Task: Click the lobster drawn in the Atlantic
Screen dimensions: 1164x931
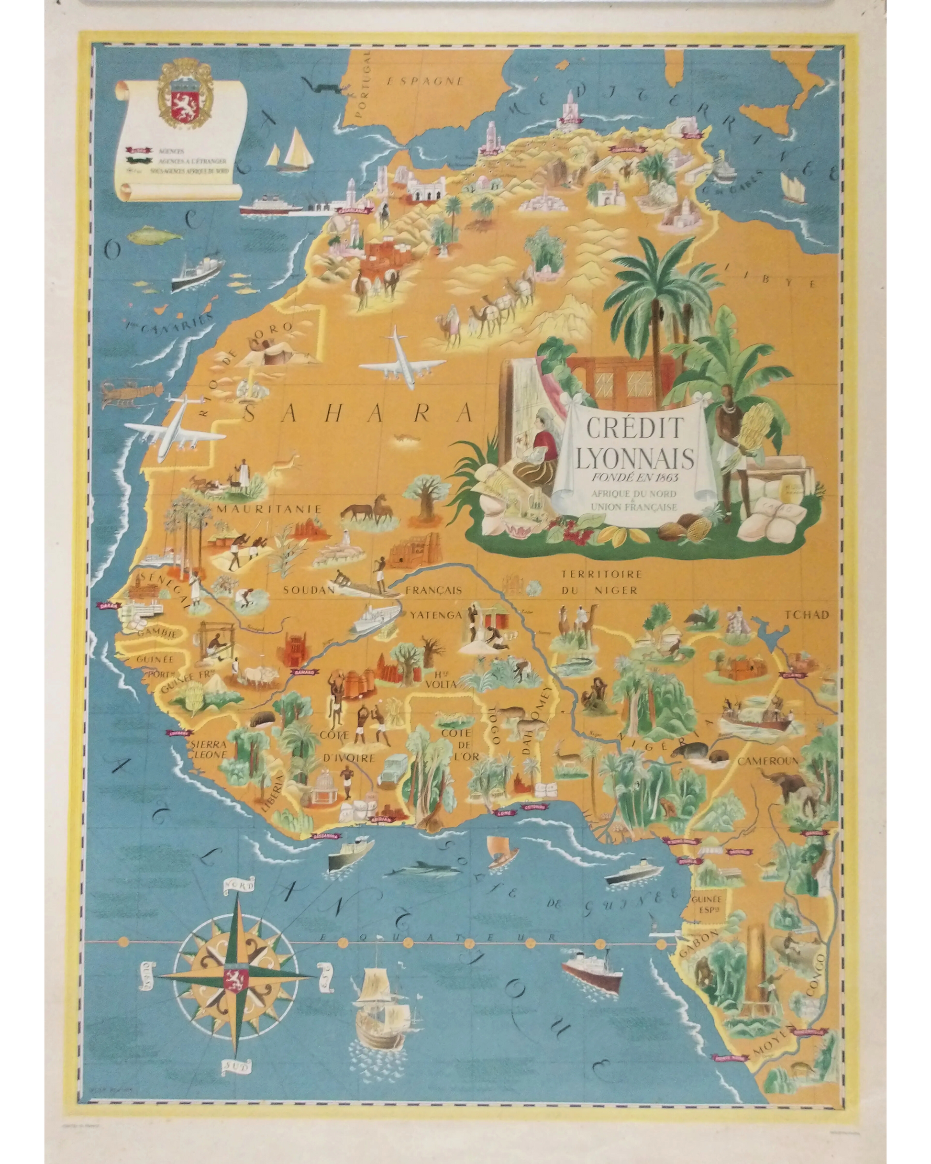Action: [x=131, y=391]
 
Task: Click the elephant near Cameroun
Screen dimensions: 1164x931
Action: [x=788, y=786]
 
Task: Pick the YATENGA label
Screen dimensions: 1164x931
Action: [x=436, y=615]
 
